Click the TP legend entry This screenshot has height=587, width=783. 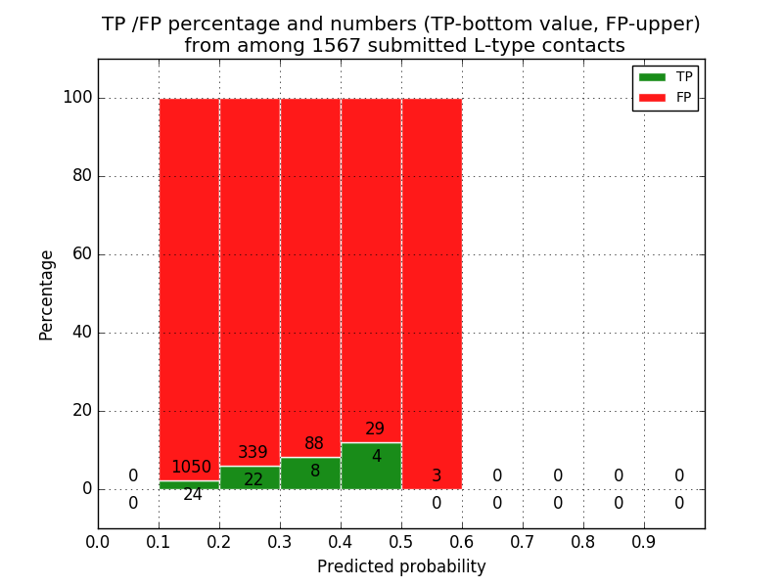[x=666, y=77]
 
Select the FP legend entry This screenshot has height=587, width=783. [x=666, y=98]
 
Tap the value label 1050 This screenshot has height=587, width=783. [x=191, y=468]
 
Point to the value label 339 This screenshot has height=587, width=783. [x=253, y=453]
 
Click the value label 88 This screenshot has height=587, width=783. [x=314, y=444]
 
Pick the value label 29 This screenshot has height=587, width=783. [x=375, y=429]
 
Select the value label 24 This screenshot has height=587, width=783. [x=193, y=495]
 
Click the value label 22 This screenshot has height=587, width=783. [x=253, y=479]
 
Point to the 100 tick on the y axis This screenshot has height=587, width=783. [x=77, y=98]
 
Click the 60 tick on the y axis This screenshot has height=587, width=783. [x=82, y=254]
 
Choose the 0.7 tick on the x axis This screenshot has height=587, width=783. [x=523, y=541]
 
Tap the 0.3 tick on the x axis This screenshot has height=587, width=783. [x=280, y=541]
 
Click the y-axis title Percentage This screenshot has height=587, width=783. [x=47, y=294]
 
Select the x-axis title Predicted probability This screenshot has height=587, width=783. [x=401, y=566]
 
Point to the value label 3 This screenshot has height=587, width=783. [x=437, y=476]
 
